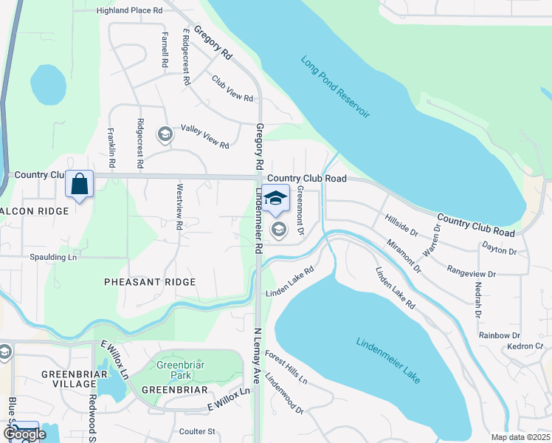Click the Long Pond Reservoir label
click(335, 87)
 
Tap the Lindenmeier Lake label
click(388, 360)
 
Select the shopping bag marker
click(80, 185)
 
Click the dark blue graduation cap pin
click(275, 199)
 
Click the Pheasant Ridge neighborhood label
click(150, 282)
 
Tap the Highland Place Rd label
click(130, 11)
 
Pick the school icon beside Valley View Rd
click(165, 134)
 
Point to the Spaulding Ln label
click(52, 257)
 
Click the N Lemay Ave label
click(258, 356)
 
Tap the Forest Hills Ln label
click(286, 367)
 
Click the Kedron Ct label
click(525, 346)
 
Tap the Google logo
click(24, 434)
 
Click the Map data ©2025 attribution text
click(520, 437)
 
